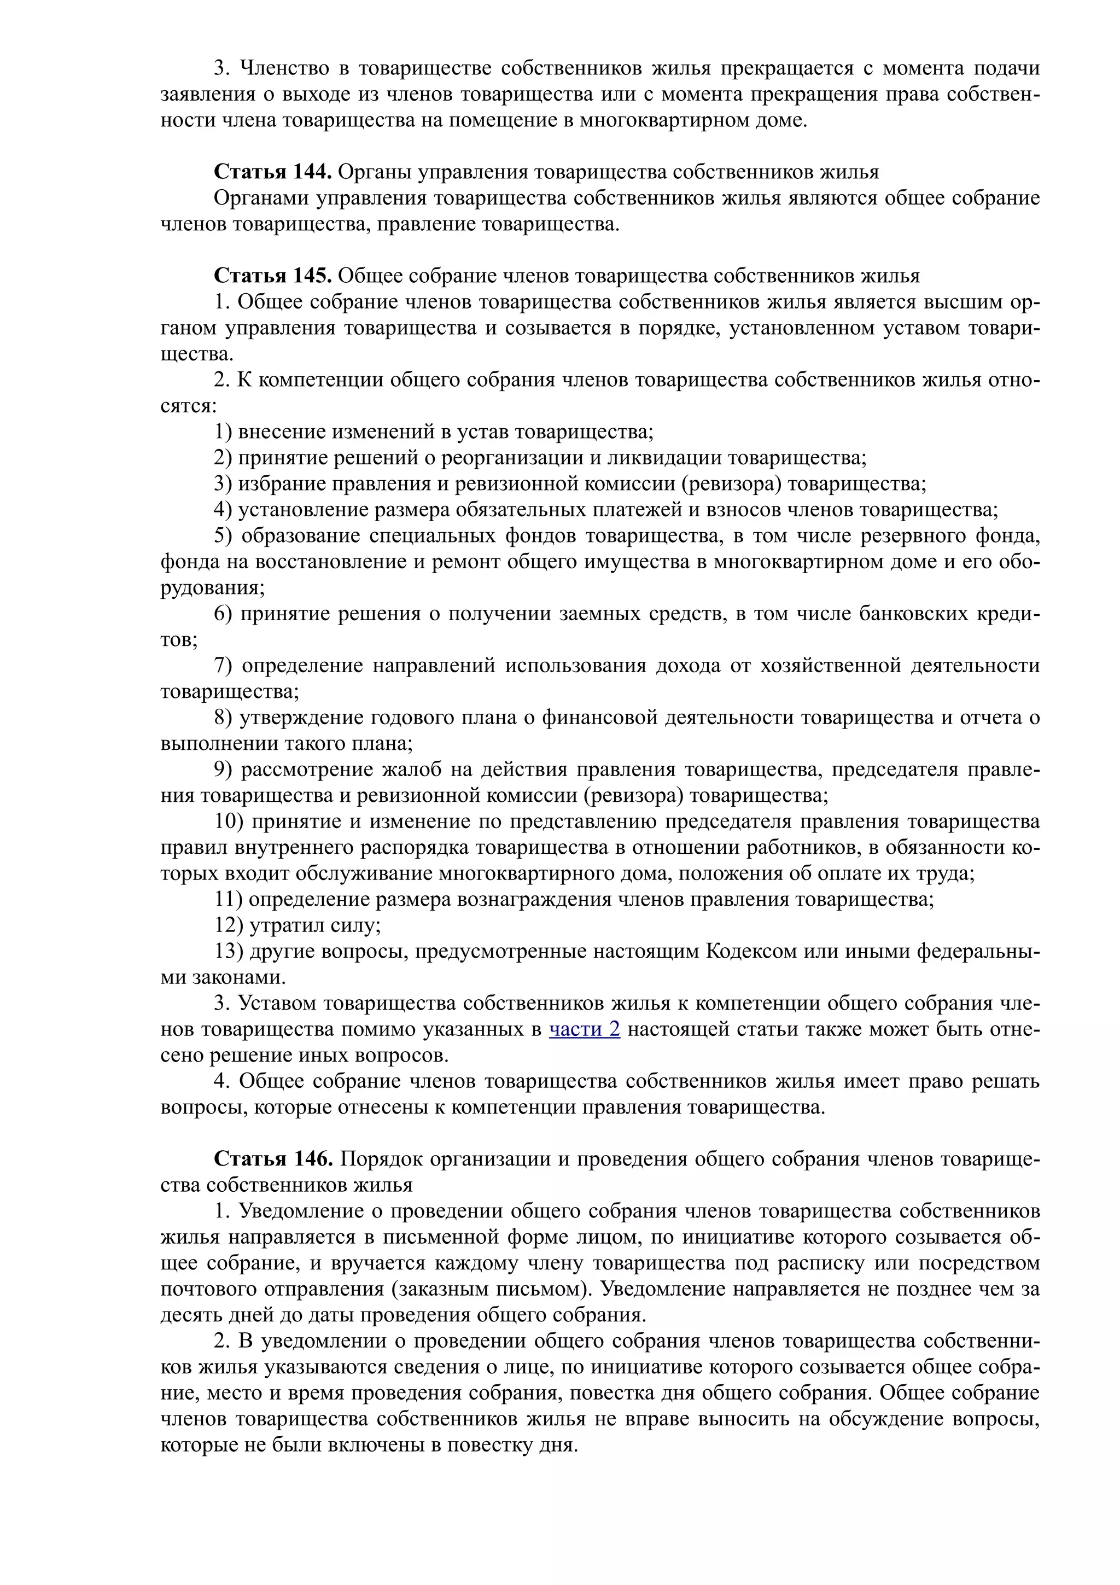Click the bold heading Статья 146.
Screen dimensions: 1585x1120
[273, 1159]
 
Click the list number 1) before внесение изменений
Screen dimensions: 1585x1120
[223, 432]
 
